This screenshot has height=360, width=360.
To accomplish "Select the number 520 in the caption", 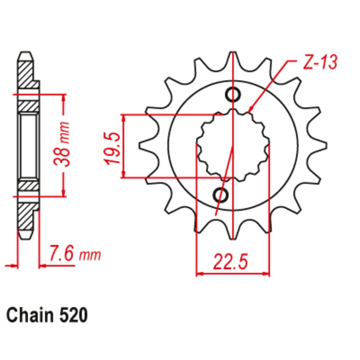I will (72, 315).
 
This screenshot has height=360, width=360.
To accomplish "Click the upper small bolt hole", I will (233, 95).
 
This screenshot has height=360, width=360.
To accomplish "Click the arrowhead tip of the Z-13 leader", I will (250, 110).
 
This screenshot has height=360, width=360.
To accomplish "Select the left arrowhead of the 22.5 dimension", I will (198, 274).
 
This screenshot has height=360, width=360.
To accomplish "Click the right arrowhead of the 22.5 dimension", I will (268, 274).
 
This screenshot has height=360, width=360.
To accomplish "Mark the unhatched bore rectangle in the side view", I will (28, 145).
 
